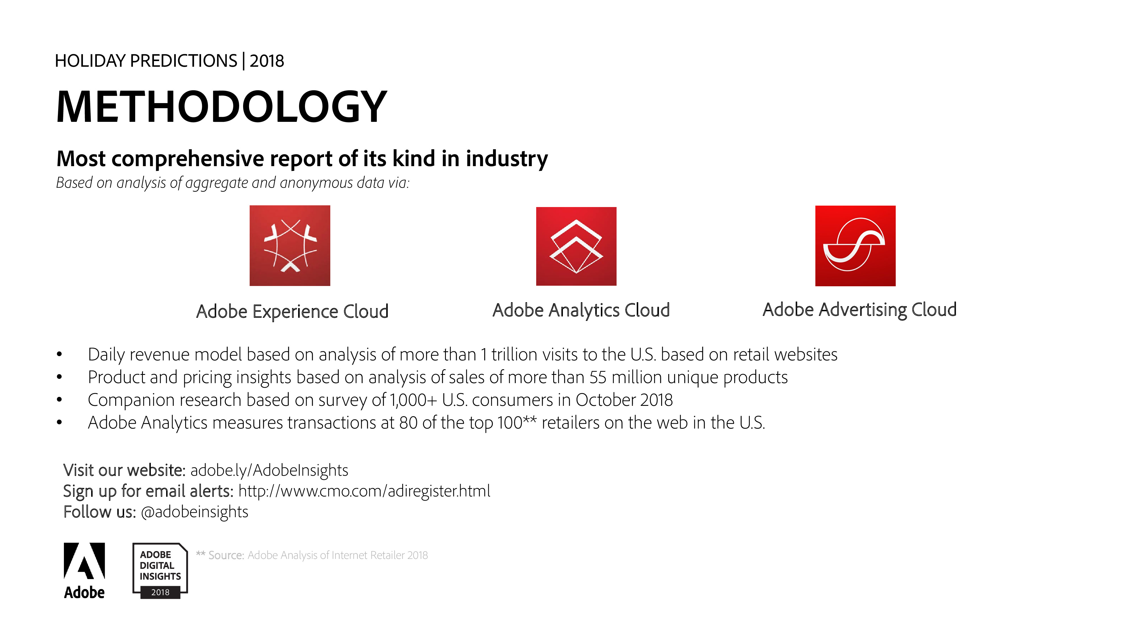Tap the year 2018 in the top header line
267,61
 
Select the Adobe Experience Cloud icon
290,246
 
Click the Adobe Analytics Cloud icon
576,246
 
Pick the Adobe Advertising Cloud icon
855,246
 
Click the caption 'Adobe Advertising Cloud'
859,310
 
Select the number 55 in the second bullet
598,377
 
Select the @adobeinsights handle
195,512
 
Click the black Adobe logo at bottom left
84,571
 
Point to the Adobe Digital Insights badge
160,571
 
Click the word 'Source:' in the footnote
226,555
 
